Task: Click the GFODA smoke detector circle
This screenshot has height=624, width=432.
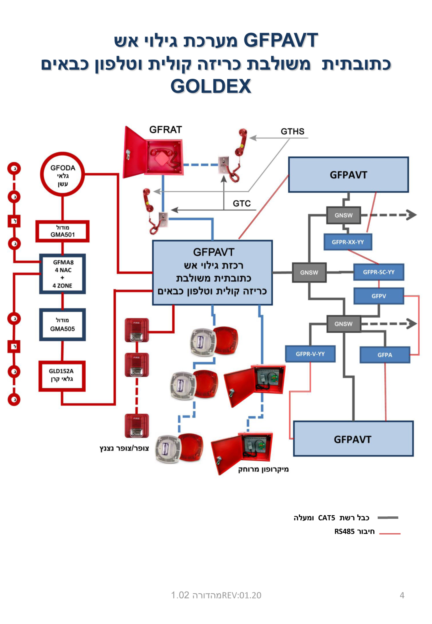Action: click(62, 174)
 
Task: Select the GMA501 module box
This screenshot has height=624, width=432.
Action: click(62, 231)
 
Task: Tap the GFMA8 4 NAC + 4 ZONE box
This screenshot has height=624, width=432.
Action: click(62, 274)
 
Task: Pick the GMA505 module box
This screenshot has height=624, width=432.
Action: click(62, 324)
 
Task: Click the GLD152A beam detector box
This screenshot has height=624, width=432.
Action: click(62, 376)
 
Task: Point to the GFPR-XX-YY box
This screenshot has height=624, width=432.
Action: click(348, 242)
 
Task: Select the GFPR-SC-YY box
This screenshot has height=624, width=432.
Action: click(378, 272)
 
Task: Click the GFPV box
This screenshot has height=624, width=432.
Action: click(378, 296)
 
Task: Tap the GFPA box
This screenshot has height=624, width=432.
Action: click(385, 355)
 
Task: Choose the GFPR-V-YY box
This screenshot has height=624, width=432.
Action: click(310, 354)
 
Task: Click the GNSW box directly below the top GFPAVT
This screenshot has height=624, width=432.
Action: click(344, 215)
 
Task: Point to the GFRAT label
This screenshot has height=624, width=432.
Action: click(166, 130)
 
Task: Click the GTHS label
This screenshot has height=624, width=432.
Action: click(292, 131)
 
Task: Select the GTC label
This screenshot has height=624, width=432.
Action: click(242, 204)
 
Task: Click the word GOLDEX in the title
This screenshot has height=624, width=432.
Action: click(211, 86)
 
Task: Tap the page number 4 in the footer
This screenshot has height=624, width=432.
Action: click(402, 595)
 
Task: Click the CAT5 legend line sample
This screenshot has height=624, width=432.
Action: click(388, 518)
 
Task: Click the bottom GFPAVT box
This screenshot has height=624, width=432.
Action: click(353, 439)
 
